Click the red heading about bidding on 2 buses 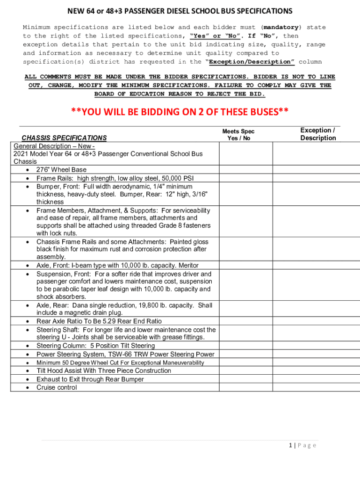180,112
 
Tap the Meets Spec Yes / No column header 238,135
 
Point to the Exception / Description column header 318,134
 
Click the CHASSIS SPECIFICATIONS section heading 64,138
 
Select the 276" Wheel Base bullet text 61,170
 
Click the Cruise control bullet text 57,387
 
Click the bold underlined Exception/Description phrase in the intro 250,62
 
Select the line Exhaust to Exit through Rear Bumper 90,379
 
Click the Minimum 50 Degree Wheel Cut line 120,363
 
